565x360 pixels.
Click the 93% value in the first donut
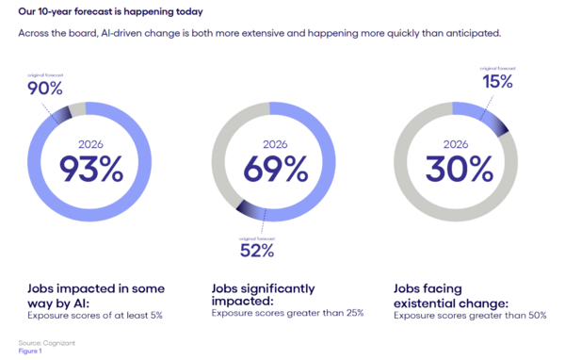92,169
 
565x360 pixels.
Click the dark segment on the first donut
62,113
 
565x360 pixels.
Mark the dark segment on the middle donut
250,210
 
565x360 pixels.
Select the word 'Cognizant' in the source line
60,341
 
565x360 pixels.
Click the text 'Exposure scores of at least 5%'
90,314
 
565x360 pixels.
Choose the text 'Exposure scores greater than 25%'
287,314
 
